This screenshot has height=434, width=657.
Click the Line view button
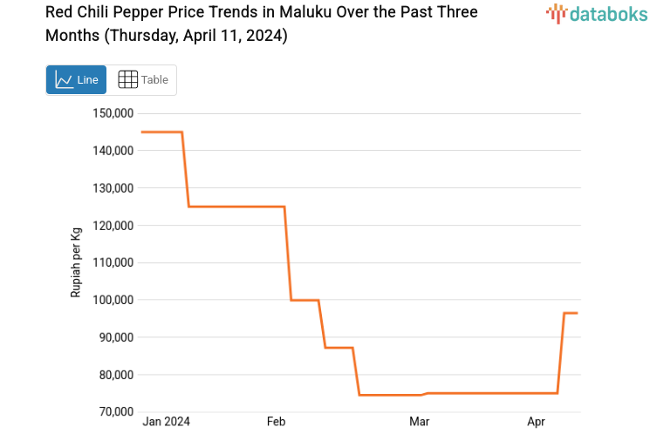click(x=76, y=79)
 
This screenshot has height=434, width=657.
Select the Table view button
click(x=142, y=79)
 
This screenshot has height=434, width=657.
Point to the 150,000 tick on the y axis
click(x=113, y=113)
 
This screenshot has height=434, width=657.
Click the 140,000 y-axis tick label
click(x=113, y=151)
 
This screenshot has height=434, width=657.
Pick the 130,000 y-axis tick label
click(x=113, y=188)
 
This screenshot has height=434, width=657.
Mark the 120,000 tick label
click(x=113, y=226)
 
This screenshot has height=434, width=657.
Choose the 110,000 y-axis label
click(x=113, y=263)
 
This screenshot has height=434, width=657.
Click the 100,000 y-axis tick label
click(x=113, y=300)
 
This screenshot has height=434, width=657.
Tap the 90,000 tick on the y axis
click(x=115, y=337)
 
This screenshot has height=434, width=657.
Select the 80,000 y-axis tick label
click(x=115, y=375)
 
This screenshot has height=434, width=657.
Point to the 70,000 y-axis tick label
click(x=115, y=411)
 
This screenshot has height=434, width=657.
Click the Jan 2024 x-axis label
click(x=167, y=422)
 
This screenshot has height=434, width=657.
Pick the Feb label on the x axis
click(x=277, y=422)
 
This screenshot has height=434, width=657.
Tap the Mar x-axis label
click(x=420, y=422)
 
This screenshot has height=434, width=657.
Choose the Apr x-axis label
click(x=537, y=422)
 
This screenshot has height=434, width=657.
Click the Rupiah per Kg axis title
click(x=76, y=262)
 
